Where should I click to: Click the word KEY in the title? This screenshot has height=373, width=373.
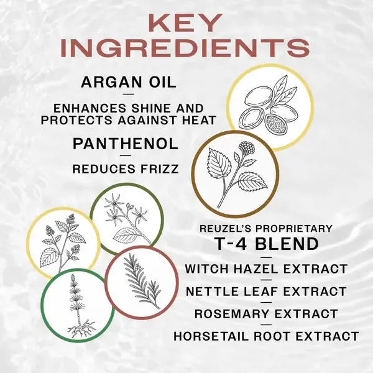(x=186, y=23)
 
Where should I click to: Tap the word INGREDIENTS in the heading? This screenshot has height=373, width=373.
(x=185, y=48)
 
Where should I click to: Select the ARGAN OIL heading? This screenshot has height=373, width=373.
(x=129, y=82)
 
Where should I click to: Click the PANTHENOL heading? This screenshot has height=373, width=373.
(x=126, y=144)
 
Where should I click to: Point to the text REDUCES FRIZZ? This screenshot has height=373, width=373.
(x=126, y=169)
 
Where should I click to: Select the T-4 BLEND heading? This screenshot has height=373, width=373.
(x=267, y=244)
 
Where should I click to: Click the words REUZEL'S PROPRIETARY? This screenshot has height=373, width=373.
(x=266, y=228)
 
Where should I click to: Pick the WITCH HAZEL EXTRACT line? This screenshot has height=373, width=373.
(x=267, y=269)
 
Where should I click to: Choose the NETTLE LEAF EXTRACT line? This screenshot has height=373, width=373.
(x=266, y=292)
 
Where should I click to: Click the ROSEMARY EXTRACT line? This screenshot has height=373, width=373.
(x=266, y=313)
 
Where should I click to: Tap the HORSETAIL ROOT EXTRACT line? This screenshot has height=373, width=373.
(x=266, y=336)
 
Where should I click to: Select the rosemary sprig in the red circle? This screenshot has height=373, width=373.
(x=142, y=281)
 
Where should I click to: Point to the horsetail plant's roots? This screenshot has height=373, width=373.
(x=81, y=329)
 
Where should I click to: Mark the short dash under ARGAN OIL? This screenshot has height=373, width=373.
(x=129, y=94)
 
